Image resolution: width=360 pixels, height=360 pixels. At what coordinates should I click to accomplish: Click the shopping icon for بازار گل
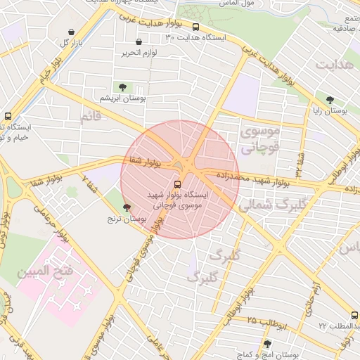[x=72, y=32]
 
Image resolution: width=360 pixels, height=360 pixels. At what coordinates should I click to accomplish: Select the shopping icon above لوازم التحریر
[x=139, y=41]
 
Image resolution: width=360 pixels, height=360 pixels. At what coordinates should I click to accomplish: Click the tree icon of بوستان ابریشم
[x=123, y=87]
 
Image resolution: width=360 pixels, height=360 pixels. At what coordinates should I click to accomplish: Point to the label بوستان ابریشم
[x=123, y=98]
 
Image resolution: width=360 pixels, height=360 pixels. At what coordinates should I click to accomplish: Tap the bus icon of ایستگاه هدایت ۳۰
[x=195, y=27]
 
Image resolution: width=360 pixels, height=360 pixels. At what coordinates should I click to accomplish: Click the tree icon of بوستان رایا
[x=330, y=100]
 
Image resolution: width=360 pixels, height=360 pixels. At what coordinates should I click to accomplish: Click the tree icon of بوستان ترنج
[x=127, y=207]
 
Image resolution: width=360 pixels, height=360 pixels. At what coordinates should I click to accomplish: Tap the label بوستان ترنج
[x=127, y=219]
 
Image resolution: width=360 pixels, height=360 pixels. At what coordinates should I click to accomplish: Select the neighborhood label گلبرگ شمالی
[x=268, y=205]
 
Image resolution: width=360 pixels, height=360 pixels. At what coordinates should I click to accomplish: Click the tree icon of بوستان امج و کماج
[x=266, y=344]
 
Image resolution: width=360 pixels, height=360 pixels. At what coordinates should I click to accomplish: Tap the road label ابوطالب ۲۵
[x=260, y=321]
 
